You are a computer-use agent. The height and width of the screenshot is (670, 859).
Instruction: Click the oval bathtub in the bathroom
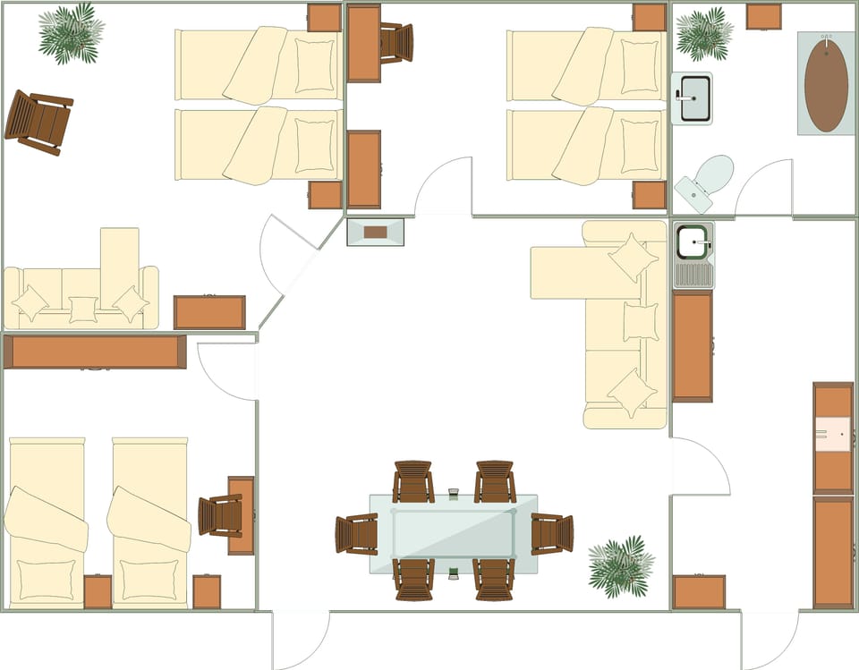(x=826, y=85)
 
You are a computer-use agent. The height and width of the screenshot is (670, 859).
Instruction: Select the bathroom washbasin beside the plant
(x=692, y=98)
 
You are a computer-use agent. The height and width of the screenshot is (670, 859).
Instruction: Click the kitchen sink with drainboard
(x=693, y=255)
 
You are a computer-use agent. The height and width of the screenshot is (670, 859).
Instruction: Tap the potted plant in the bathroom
(x=703, y=33)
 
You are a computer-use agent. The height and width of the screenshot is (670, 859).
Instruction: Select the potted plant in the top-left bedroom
(x=70, y=33)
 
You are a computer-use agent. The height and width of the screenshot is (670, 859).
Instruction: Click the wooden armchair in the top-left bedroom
(x=38, y=120)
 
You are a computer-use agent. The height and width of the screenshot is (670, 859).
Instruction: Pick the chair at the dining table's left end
(x=357, y=534)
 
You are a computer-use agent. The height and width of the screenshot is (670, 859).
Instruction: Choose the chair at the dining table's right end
(x=552, y=533)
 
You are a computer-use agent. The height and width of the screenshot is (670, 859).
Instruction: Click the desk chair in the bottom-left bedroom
(x=219, y=515)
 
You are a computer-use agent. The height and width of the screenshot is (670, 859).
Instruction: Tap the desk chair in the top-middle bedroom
(x=395, y=42)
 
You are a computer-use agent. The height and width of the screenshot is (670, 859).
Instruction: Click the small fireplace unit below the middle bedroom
(x=375, y=232)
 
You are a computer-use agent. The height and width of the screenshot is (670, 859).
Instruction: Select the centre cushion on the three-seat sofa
(x=82, y=310)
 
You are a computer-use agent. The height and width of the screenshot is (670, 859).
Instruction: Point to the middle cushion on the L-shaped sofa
(x=640, y=321)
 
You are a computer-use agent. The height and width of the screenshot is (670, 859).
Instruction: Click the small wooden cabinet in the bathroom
(x=763, y=16)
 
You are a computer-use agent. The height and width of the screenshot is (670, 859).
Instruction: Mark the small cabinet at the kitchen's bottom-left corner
(x=699, y=592)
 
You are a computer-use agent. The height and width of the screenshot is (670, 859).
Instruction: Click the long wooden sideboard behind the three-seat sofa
(x=95, y=352)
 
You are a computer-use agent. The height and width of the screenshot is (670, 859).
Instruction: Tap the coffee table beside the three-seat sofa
(x=209, y=312)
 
